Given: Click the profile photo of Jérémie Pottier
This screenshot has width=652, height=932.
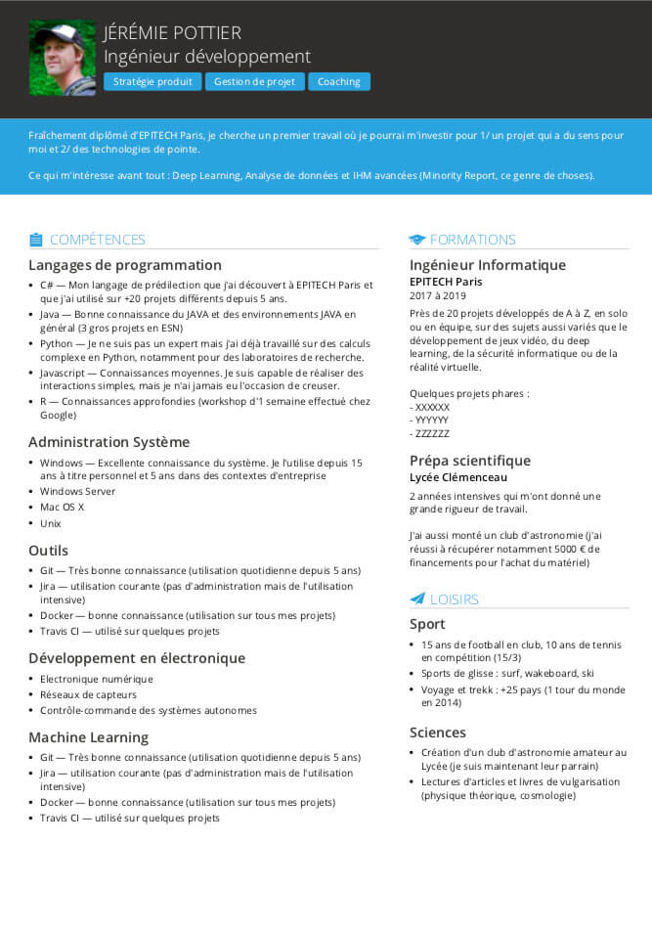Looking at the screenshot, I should [63, 59].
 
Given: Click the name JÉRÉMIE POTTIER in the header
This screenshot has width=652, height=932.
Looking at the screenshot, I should [172, 33].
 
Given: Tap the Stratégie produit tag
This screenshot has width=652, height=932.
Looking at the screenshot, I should [152, 82].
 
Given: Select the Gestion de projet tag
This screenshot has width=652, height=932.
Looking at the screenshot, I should [255, 82].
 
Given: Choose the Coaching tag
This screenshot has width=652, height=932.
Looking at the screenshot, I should [339, 82].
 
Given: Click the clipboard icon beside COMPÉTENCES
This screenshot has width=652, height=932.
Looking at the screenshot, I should [36, 240].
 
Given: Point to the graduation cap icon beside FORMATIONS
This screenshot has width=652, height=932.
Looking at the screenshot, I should [417, 240].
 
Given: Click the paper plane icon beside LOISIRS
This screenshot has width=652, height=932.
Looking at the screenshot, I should [417, 599].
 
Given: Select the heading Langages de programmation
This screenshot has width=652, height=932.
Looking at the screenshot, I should [125, 265].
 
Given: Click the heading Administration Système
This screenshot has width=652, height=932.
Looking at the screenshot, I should [109, 442].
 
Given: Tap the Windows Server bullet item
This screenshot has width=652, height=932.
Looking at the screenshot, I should [77, 491].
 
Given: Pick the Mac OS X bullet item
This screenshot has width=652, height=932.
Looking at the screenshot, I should [62, 507].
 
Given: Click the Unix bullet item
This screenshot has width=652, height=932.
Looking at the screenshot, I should [51, 523].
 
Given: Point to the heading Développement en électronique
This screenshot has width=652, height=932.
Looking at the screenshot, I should [137, 658].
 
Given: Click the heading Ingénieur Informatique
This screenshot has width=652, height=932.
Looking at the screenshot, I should [488, 265].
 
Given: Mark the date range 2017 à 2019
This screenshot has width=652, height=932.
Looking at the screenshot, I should [438, 295].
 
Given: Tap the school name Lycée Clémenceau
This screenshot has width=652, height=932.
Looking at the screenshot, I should [458, 477].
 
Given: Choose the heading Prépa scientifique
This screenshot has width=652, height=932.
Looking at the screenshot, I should [470, 461].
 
